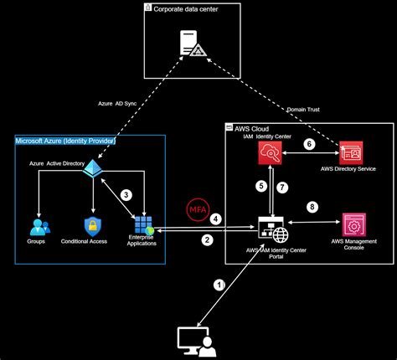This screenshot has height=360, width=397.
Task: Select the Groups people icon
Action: (x=38, y=225)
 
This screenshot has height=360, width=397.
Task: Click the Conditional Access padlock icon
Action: (x=92, y=225)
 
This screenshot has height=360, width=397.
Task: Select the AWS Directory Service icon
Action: (x=350, y=152)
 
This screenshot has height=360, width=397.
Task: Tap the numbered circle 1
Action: (x=219, y=285)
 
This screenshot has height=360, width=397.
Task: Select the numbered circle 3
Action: (x=126, y=194)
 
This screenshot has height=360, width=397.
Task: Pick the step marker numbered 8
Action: (x=312, y=206)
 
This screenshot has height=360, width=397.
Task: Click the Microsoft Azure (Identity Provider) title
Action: (x=65, y=141)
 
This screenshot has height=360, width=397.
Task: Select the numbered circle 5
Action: (x=260, y=186)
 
